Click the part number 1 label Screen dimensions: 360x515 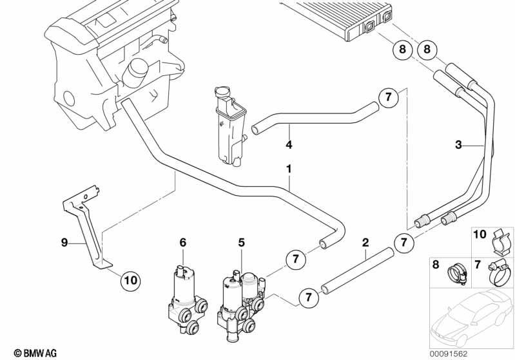coord(289,169)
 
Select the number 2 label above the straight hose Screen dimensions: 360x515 coord(365,243)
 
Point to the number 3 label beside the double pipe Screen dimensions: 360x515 coord(458,145)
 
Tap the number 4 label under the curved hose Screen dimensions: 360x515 coord(289,144)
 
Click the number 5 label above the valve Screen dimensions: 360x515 coord(242,243)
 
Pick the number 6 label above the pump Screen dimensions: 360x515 coord(182,243)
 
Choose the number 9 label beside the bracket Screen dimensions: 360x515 coord(64,243)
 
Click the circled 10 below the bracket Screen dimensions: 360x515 coord(130,280)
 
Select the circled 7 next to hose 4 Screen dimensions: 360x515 coord(387,98)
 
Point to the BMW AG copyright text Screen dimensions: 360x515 coord(30,353)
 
